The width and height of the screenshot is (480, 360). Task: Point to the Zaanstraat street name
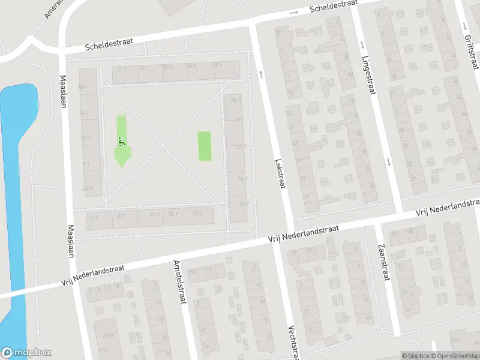[x=382, y=263]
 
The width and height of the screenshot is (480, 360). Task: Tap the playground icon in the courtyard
[x=121, y=142]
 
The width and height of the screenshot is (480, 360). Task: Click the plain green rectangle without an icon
[x=205, y=146]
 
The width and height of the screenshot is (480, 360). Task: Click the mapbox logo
[x=26, y=353]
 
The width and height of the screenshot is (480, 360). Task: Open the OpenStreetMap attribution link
[x=454, y=356]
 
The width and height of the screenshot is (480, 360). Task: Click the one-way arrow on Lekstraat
[x=261, y=73]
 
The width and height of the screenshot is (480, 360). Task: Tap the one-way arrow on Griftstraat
[x=466, y=26]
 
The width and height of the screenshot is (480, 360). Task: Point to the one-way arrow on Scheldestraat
[x=295, y=13]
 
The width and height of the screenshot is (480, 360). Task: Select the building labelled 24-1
[x=236, y=99]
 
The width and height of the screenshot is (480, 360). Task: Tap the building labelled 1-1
[x=94, y=218]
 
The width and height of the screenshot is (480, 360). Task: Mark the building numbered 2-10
[x=109, y=335]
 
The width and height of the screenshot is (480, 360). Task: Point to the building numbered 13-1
[x=173, y=214]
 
